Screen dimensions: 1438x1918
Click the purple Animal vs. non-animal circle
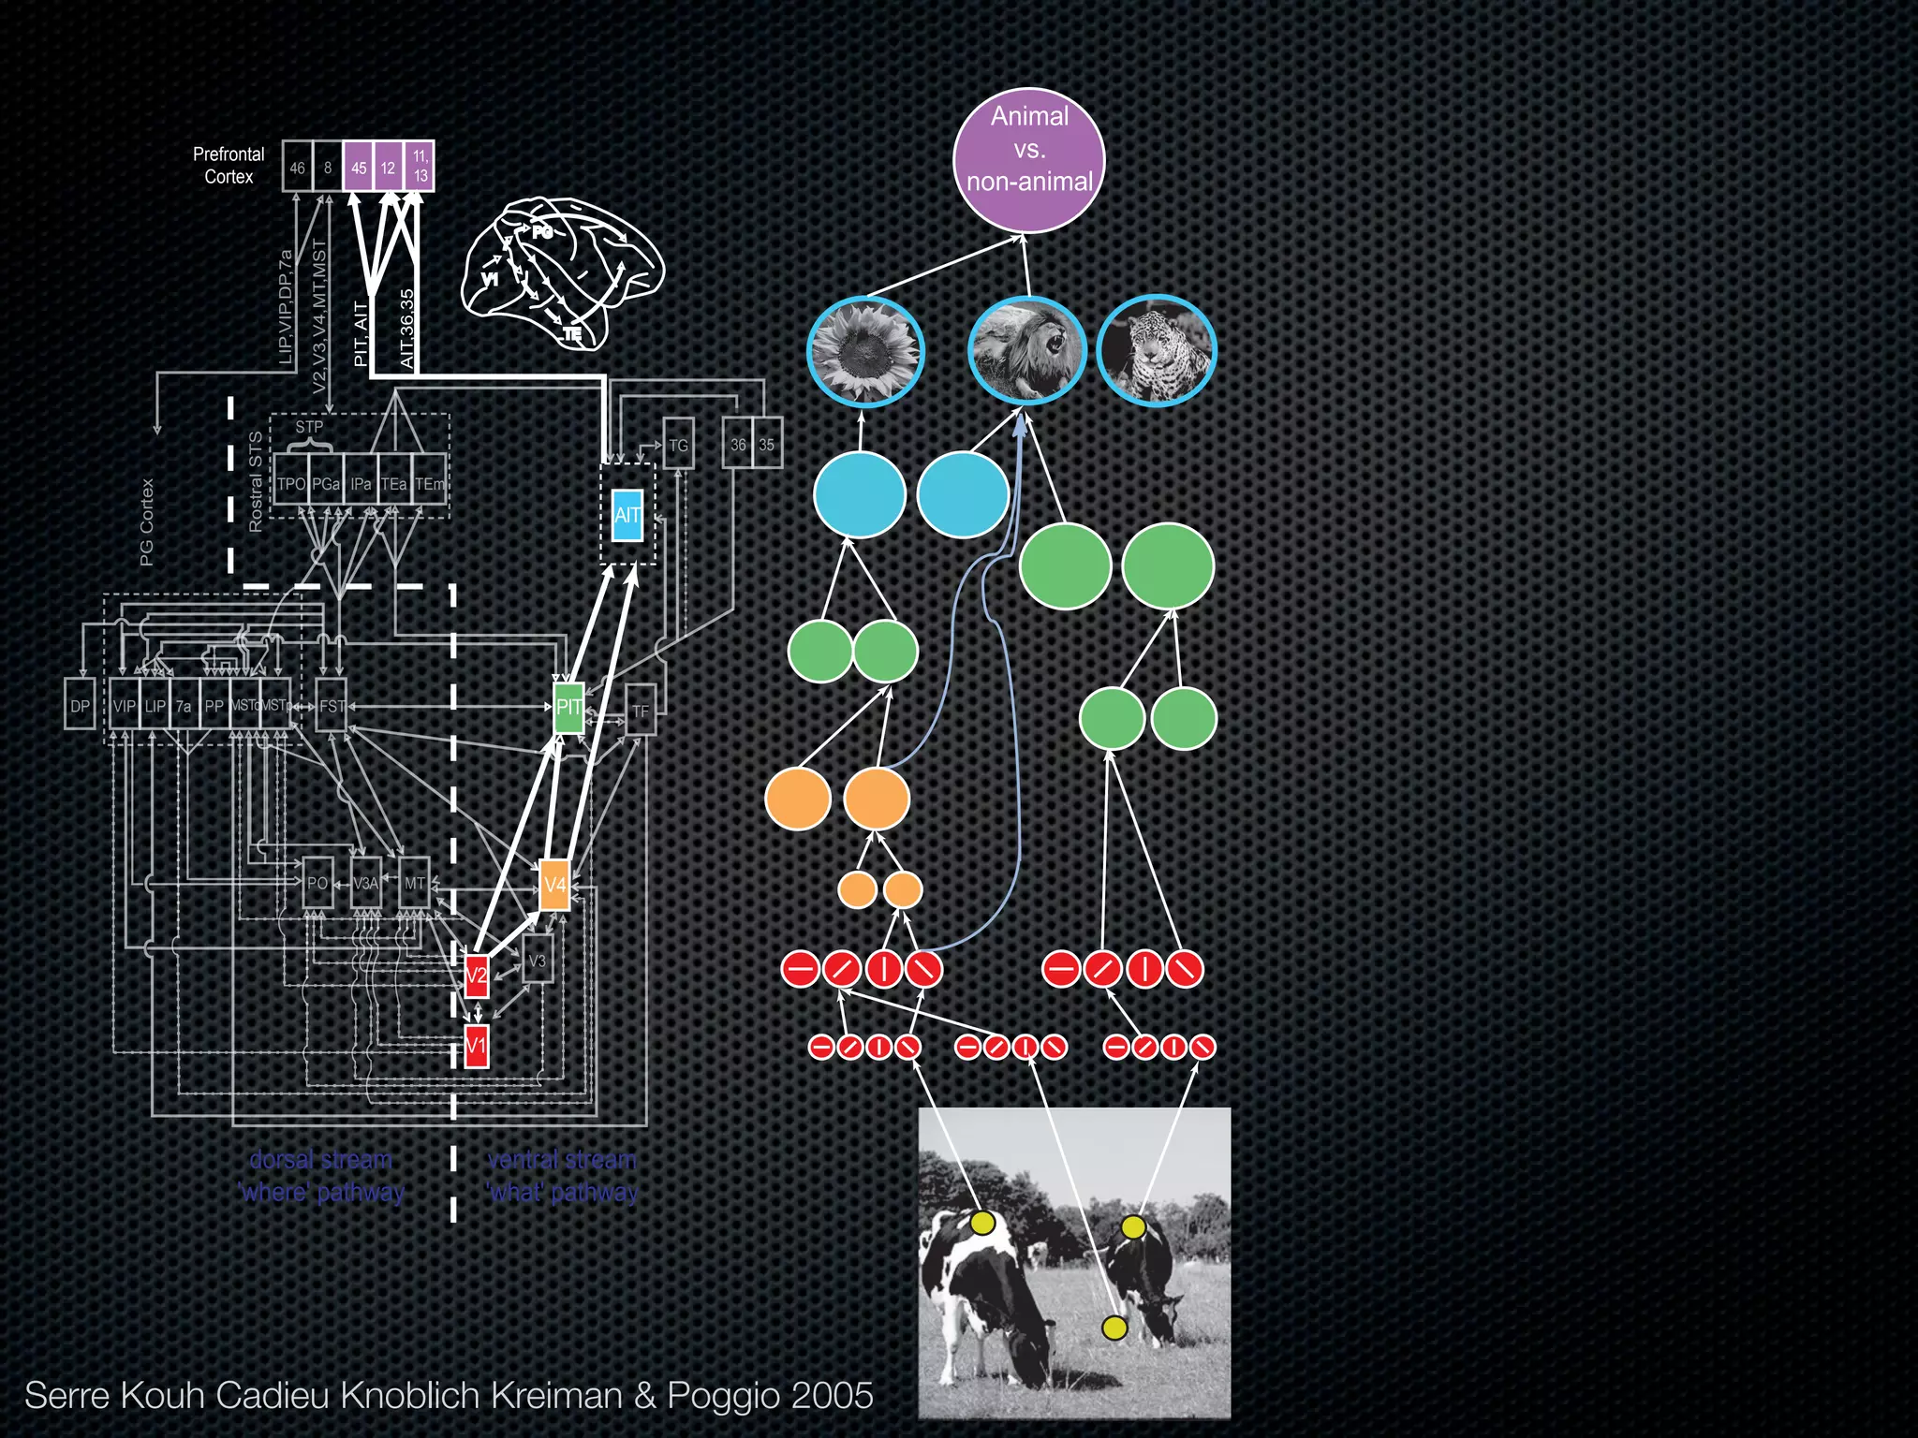[x=1029, y=161]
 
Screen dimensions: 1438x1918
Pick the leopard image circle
[x=1156, y=352]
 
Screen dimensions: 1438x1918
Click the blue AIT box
[x=627, y=515]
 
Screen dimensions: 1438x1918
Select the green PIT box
[x=568, y=707]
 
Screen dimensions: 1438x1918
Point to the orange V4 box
[x=555, y=885]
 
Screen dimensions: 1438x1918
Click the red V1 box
[x=477, y=1046]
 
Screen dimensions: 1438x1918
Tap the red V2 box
[x=477, y=976]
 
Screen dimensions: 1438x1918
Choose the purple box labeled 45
[x=359, y=168]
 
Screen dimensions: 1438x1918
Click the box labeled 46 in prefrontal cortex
[x=297, y=168]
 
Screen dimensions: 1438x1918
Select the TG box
[x=678, y=445]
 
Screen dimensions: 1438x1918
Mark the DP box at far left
[x=80, y=706]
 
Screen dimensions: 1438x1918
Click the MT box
[x=414, y=883]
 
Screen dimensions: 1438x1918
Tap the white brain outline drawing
[x=562, y=271]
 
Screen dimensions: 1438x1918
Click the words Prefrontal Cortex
[x=229, y=165]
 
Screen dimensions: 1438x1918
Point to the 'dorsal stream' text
[x=320, y=1160]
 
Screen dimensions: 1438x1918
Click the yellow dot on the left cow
[x=982, y=1223]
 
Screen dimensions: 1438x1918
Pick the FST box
[x=332, y=706]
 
